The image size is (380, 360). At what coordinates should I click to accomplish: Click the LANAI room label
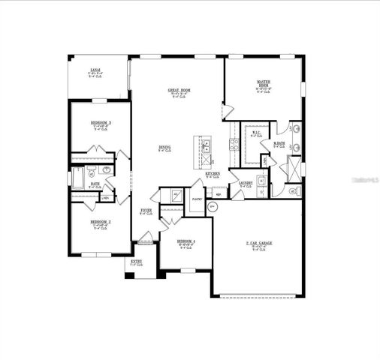tap(95, 69)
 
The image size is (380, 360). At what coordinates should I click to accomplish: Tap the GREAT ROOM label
tap(178, 90)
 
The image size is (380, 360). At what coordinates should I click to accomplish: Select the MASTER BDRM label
tap(264, 83)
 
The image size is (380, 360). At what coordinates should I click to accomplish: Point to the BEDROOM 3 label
tap(101, 121)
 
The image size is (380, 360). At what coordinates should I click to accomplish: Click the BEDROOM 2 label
tap(101, 222)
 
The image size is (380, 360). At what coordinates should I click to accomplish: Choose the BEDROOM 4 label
tap(186, 241)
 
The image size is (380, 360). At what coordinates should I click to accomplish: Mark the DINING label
tap(164, 147)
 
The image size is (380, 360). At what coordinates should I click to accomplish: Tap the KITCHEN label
tap(213, 173)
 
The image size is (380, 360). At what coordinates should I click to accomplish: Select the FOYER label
tap(146, 211)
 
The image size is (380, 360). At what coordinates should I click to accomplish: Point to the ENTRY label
tap(137, 261)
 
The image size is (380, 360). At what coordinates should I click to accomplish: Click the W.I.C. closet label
tap(255, 133)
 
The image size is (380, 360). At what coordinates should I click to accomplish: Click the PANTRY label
tap(197, 199)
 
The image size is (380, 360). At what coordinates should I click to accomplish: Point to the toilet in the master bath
tap(294, 191)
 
